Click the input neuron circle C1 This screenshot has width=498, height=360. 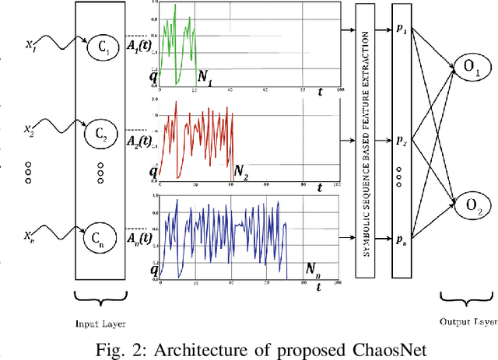(x=103, y=44)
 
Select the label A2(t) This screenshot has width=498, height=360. (x=141, y=142)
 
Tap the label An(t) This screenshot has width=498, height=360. (x=141, y=238)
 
